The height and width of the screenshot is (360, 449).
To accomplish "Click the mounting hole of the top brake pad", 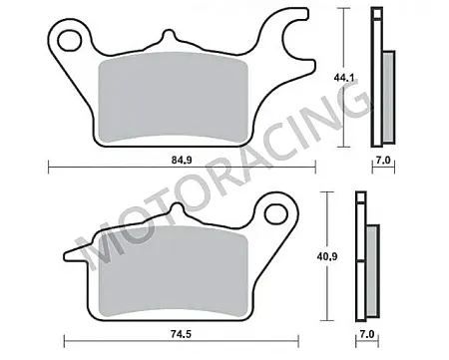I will click(69, 40).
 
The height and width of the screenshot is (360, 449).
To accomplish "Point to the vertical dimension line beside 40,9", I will click(328, 229).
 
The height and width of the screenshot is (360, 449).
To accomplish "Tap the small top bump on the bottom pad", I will click(177, 209).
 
